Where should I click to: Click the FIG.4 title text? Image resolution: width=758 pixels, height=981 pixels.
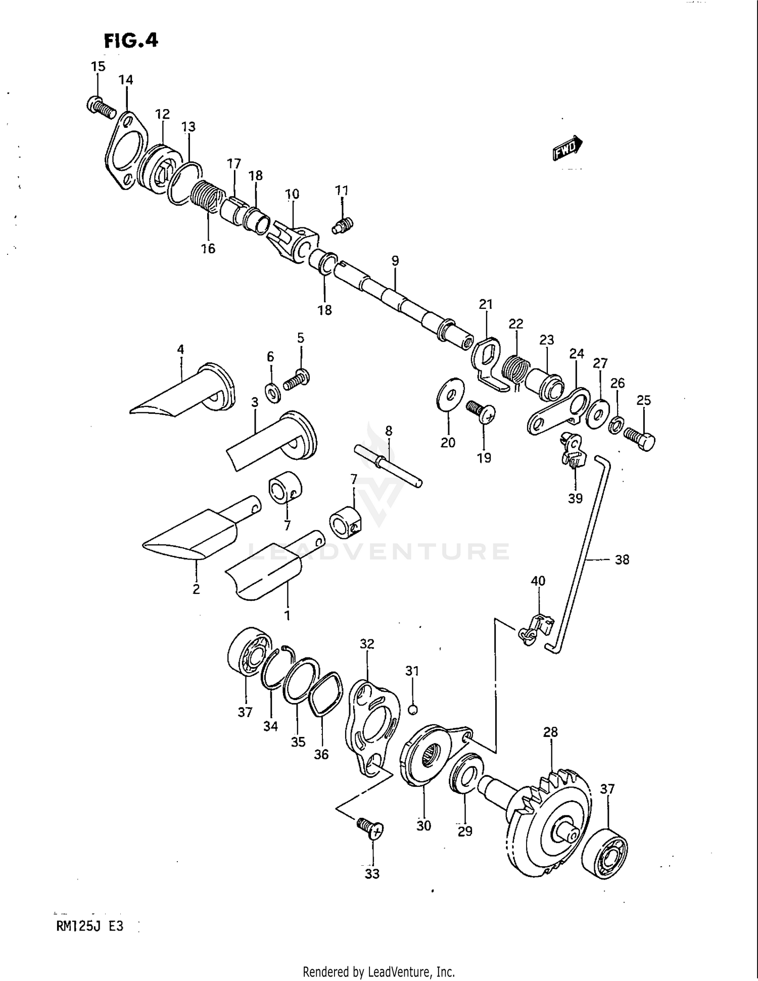[131, 40]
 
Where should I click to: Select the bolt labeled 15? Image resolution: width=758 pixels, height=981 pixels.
[101, 107]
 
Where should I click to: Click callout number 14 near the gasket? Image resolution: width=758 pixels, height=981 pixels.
[126, 80]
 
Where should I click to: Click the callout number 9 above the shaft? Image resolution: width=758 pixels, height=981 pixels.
[395, 261]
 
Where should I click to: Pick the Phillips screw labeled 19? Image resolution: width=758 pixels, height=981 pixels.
[482, 411]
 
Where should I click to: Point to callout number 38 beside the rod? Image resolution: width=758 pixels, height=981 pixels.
[622, 559]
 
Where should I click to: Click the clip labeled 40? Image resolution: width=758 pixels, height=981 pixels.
[535, 630]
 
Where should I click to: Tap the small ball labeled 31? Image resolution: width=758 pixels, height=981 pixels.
[412, 710]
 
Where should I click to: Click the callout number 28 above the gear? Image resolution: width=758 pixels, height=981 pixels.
[550, 732]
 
